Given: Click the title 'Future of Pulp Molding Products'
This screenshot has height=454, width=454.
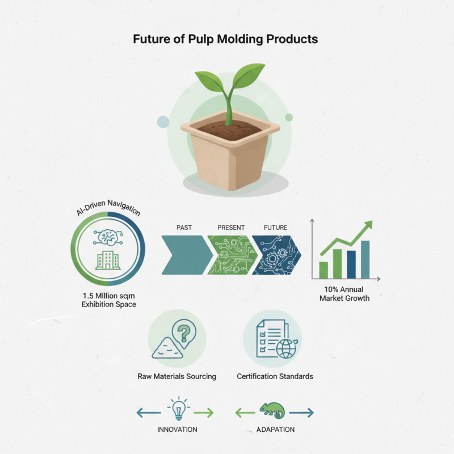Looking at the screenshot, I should [225, 40].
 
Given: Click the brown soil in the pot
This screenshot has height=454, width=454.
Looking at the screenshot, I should [230, 129].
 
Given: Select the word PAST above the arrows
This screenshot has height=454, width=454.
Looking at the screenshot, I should [184, 228].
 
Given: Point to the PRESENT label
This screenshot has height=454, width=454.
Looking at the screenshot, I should [231, 228].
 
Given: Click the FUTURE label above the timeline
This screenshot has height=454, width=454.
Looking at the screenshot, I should [276, 228].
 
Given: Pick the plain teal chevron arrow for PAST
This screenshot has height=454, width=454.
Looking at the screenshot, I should [184, 255].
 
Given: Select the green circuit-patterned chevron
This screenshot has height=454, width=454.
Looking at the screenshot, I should [231, 255].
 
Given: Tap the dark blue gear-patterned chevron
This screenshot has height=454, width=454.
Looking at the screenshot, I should [276, 255].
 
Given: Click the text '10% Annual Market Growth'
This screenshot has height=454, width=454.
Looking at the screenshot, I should [344, 293].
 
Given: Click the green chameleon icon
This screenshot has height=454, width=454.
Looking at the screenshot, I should [274, 409].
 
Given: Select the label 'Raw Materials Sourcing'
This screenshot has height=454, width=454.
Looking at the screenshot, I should [176, 376].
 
